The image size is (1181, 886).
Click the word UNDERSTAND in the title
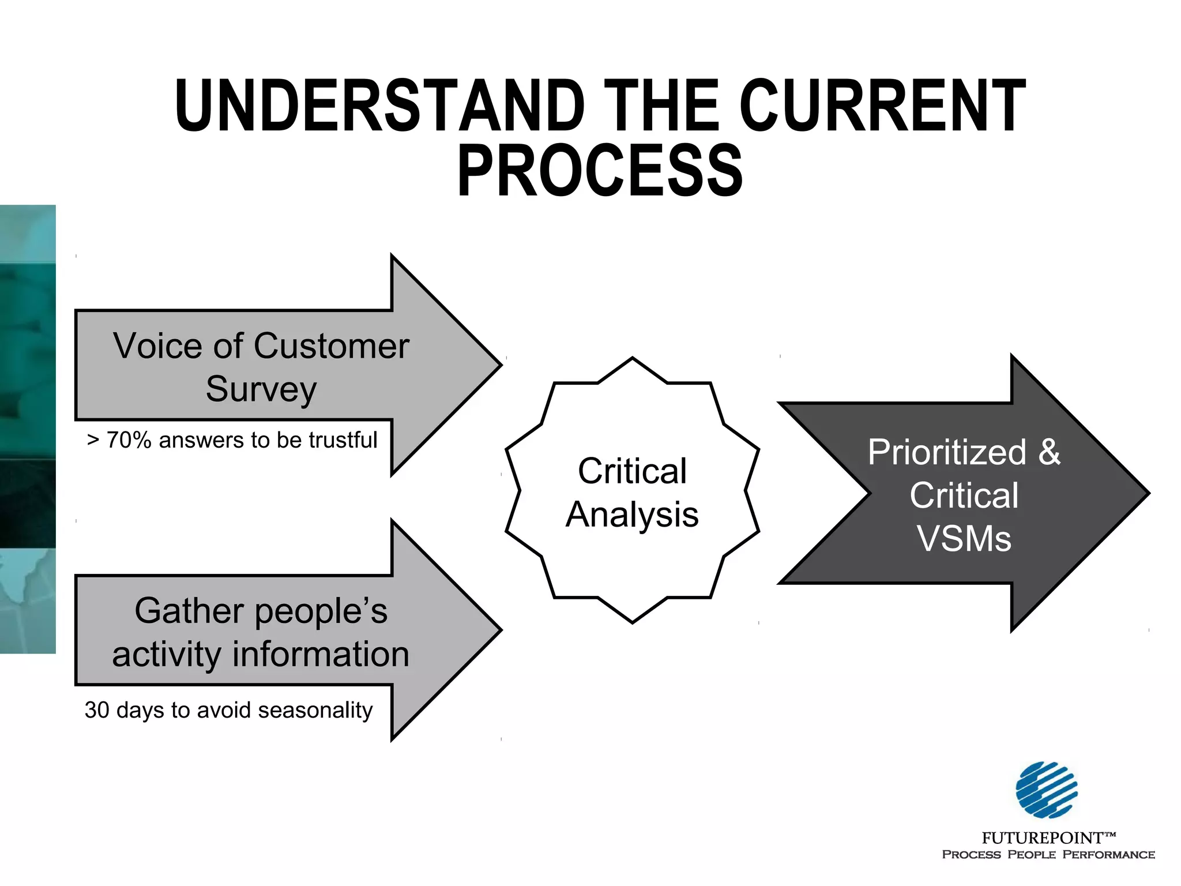coord(380,106)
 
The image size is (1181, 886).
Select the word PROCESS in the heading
coord(600,171)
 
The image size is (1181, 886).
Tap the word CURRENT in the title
coord(882,106)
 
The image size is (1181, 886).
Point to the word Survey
coord(261,389)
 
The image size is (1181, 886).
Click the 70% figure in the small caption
coord(129,440)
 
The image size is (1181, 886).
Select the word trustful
coord(343,440)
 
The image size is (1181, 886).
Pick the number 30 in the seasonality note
coord(97,710)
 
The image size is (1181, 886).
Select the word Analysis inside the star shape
coord(632,515)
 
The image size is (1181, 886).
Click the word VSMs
coord(964,539)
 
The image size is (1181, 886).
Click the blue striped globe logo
coord(1047,790)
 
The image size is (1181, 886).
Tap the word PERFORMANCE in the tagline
coord(1108,855)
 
